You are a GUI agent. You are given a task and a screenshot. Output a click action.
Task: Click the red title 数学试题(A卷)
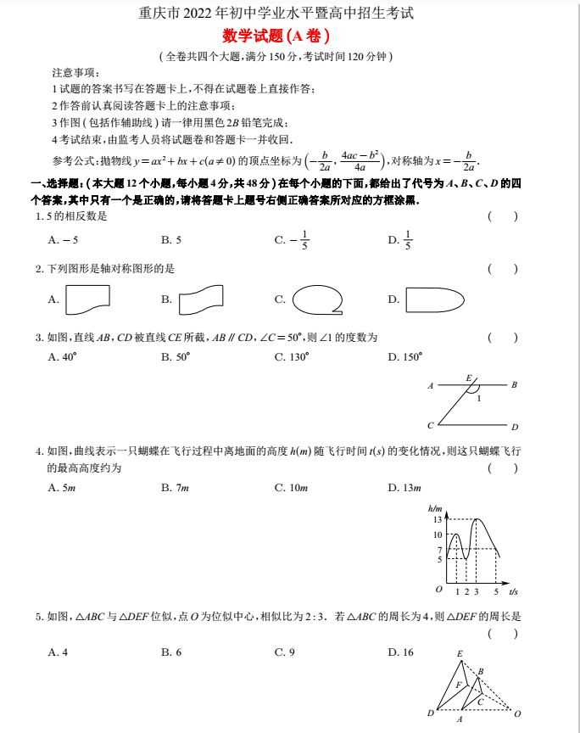point(275,36)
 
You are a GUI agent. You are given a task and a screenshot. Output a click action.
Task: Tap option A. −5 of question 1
point(64,240)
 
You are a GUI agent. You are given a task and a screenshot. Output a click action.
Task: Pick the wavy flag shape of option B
point(201,299)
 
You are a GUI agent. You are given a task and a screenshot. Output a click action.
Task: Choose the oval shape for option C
point(317,299)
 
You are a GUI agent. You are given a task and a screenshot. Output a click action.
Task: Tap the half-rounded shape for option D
point(434,299)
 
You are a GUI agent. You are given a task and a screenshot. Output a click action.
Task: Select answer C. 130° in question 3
point(292,357)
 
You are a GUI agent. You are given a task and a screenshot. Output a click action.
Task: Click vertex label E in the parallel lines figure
point(468,377)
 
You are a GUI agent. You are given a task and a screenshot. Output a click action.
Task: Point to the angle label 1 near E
point(479,397)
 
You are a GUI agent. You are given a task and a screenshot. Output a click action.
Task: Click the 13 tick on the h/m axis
point(438,518)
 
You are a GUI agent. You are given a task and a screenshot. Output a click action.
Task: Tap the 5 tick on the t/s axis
point(496,591)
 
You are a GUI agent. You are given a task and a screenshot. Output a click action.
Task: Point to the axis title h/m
point(436,507)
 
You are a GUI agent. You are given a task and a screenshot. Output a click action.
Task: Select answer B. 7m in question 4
point(175,487)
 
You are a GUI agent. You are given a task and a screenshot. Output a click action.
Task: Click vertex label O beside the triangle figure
point(517,713)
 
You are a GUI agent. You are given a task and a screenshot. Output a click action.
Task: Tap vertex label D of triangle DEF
point(430,713)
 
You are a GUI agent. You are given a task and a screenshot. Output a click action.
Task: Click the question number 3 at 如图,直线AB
point(39,338)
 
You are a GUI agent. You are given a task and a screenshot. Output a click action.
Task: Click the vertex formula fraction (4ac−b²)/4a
point(359,159)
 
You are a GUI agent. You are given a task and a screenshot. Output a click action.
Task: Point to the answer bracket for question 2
point(503,269)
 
